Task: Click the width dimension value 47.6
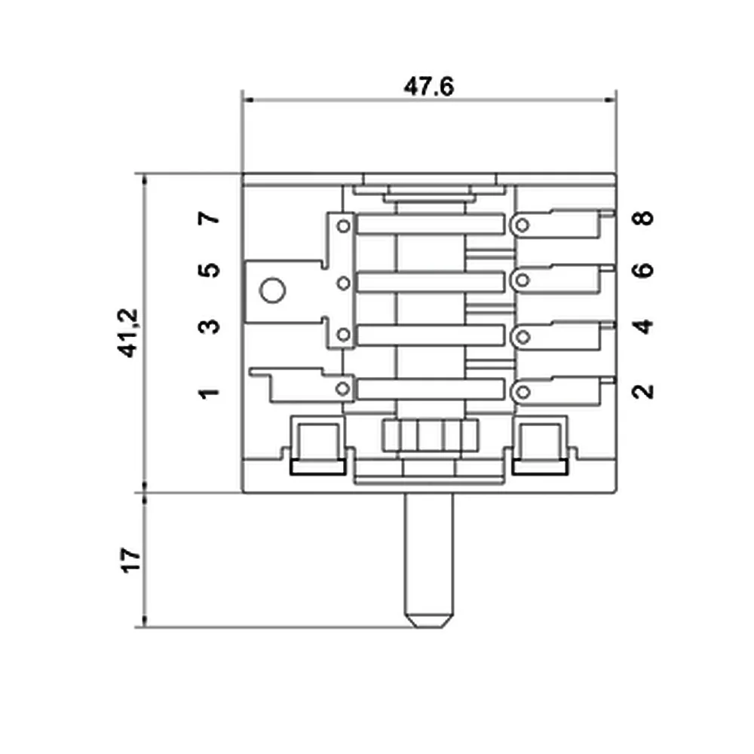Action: [x=428, y=87]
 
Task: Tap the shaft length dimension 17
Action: [x=130, y=560]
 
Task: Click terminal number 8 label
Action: [x=642, y=219]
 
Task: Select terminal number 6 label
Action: [x=642, y=270]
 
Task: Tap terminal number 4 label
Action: [x=642, y=326]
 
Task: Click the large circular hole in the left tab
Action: [x=271, y=290]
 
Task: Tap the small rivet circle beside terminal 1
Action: [x=344, y=389]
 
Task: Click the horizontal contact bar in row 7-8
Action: [x=430, y=225]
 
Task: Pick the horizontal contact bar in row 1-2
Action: [x=430, y=389]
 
